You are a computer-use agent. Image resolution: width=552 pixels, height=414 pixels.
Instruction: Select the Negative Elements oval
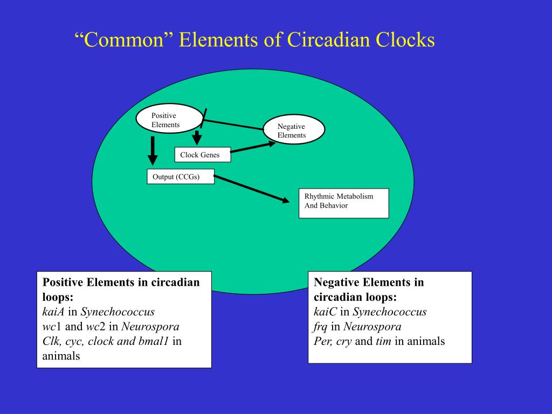pyautogui.click(x=294, y=130)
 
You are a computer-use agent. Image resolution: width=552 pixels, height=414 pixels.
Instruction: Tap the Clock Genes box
pyautogui.click(x=202, y=155)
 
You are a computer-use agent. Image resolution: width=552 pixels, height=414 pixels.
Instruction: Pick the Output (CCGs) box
pyautogui.click(x=180, y=177)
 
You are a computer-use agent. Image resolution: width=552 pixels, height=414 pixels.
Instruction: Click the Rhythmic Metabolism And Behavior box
pyautogui.click(x=343, y=203)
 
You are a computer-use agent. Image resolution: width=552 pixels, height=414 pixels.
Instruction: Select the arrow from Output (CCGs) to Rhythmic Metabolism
pyautogui.click(x=251, y=189)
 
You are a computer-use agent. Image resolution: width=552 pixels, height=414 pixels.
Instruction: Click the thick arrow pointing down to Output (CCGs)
pyautogui.click(x=153, y=150)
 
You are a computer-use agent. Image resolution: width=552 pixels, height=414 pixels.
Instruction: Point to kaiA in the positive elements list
pyautogui.click(x=53, y=312)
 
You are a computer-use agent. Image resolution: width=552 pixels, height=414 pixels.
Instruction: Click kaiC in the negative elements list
pyautogui.click(x=325, y=312)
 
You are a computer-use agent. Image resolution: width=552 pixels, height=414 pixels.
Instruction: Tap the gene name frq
pyautogui.click(x=321, y=327)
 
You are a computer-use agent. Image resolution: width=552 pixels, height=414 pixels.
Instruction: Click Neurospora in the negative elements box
pyautogui.click(x=372, y=327)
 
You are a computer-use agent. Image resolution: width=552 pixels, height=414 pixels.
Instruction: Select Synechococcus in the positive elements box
pyautogui.click(x=118, y=312)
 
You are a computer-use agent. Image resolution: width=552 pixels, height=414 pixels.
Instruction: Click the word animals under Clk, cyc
pyautogui.click(x=61, y=356)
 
